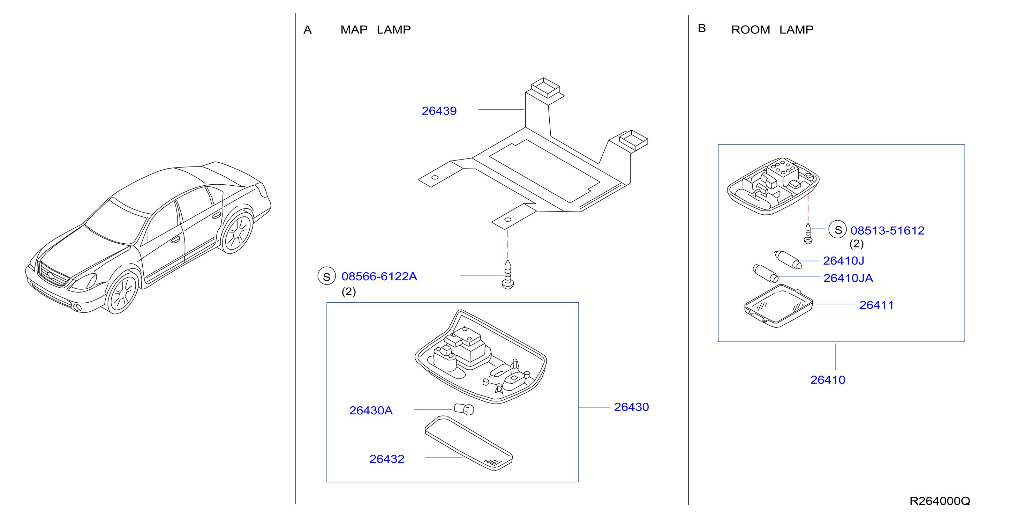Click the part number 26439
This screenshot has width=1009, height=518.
pyautogui.click(x=439, y=111)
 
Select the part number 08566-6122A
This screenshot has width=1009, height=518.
pyautogui.click(x=379, y=276)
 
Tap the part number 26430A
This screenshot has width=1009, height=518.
pyautogui.click(x=370, y=410)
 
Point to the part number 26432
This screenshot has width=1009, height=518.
pyautogui.click(x=386, y=459)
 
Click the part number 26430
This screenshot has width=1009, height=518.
pyautogui.click(x=631, y=407)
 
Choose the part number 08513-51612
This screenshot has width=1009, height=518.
pyautogui.click(x=887, y=231)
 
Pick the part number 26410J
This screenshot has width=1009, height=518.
pyautogui.click(x=843, y=261)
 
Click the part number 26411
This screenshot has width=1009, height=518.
pyautogui.click(x=876, y=305)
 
